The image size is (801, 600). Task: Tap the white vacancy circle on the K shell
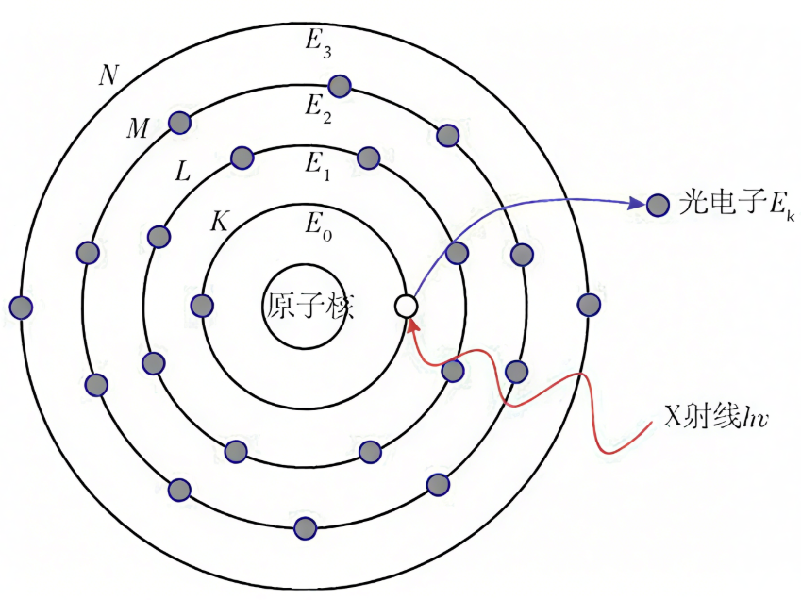click(406, 306)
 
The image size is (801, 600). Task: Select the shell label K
click(219, 224)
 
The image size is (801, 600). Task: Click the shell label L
click(183, 172)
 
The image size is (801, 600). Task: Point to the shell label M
click(138, 129)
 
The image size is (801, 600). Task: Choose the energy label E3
click(317, 43)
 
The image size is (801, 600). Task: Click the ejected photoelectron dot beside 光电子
click(658, 204)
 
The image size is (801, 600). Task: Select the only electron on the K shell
click(202, 305)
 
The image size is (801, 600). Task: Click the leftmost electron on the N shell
click(21, 307)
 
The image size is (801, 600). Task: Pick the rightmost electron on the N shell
click(589, 304)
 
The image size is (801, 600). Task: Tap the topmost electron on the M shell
click(340, 87)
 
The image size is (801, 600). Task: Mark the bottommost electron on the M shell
click(306, 526)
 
